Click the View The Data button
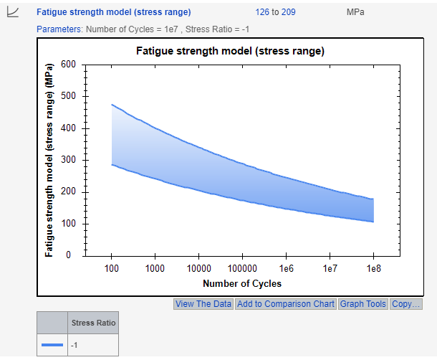tap(203, 304)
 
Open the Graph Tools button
tap(362, 304)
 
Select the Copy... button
tap(406, 304)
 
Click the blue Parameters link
tap(59, 29)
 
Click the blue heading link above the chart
tap(114, 12)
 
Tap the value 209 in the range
tap(288, 12)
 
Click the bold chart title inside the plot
tap(230, 52)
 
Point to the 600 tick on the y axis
tap(68, 65)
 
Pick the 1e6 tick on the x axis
tap(286, 268)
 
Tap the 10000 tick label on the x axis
tap(198, 268)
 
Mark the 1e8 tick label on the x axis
tap(373, 268)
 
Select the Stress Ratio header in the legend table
tap(94, 323)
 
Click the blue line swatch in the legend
tap(52, 346)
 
